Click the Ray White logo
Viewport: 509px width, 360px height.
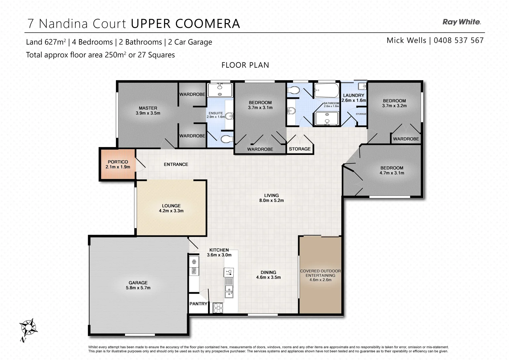[x=461, y=22]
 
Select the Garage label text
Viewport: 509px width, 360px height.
[x=138, y=283]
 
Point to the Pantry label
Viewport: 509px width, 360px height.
[x=198, y=304]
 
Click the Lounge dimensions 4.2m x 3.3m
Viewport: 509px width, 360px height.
[x=171, y=211]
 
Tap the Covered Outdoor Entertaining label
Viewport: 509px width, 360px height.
[x=320, y=273]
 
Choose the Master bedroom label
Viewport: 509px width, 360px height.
[x=148, y=108]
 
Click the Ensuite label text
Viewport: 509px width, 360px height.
[x=216, y=113]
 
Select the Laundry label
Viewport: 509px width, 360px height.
[x=354, y=95]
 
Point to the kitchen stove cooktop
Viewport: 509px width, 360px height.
[x=218, y=307]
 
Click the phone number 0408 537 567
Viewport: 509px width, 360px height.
[x=458, y=40]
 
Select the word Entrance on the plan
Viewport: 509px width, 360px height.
[x=176, y=164]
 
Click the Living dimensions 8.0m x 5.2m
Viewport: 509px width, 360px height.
[x=271, y=200]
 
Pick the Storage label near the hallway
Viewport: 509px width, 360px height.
[x=299, y=149]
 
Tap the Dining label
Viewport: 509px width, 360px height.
[x=268, y=272]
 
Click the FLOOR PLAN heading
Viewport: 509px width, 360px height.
[x=245, y=65]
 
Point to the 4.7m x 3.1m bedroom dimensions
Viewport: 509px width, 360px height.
[x=392, y=173]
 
